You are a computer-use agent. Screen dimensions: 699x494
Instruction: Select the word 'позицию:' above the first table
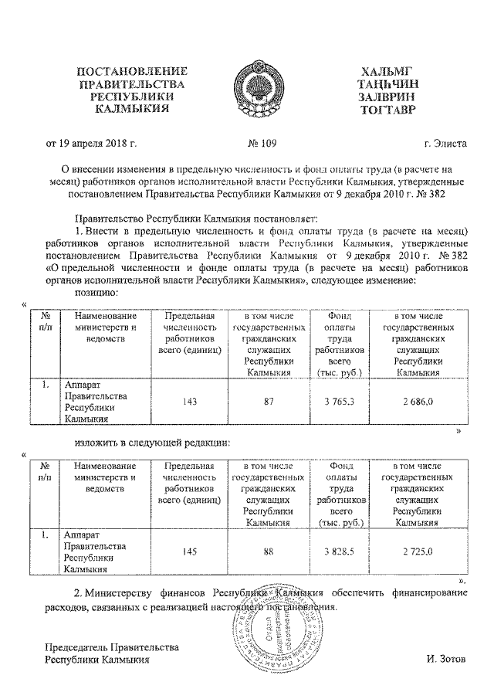pyautogui.click(x=96, y=293)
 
